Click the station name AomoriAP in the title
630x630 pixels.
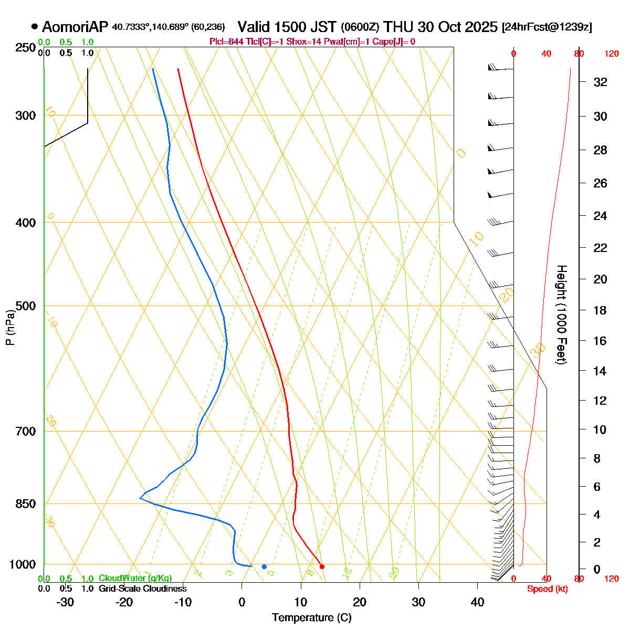pos(76,27)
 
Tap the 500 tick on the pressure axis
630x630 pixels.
pos(27,306)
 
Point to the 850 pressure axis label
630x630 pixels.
pos(27,504)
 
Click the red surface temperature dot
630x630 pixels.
pos(322,566)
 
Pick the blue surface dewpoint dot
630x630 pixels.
pos(264,566)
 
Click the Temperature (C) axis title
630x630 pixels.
pos(311,618)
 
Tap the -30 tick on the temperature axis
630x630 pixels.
pos(65,602)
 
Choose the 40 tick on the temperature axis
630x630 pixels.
pos(477,602)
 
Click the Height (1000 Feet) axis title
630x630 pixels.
pos(561,314)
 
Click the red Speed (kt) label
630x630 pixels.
pos(547,589)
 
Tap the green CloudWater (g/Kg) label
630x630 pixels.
pos(135,578)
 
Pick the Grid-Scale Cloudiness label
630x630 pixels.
pos(142,589)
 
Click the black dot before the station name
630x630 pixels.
pos(35,26)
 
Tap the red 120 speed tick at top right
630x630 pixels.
pos(611,54)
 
